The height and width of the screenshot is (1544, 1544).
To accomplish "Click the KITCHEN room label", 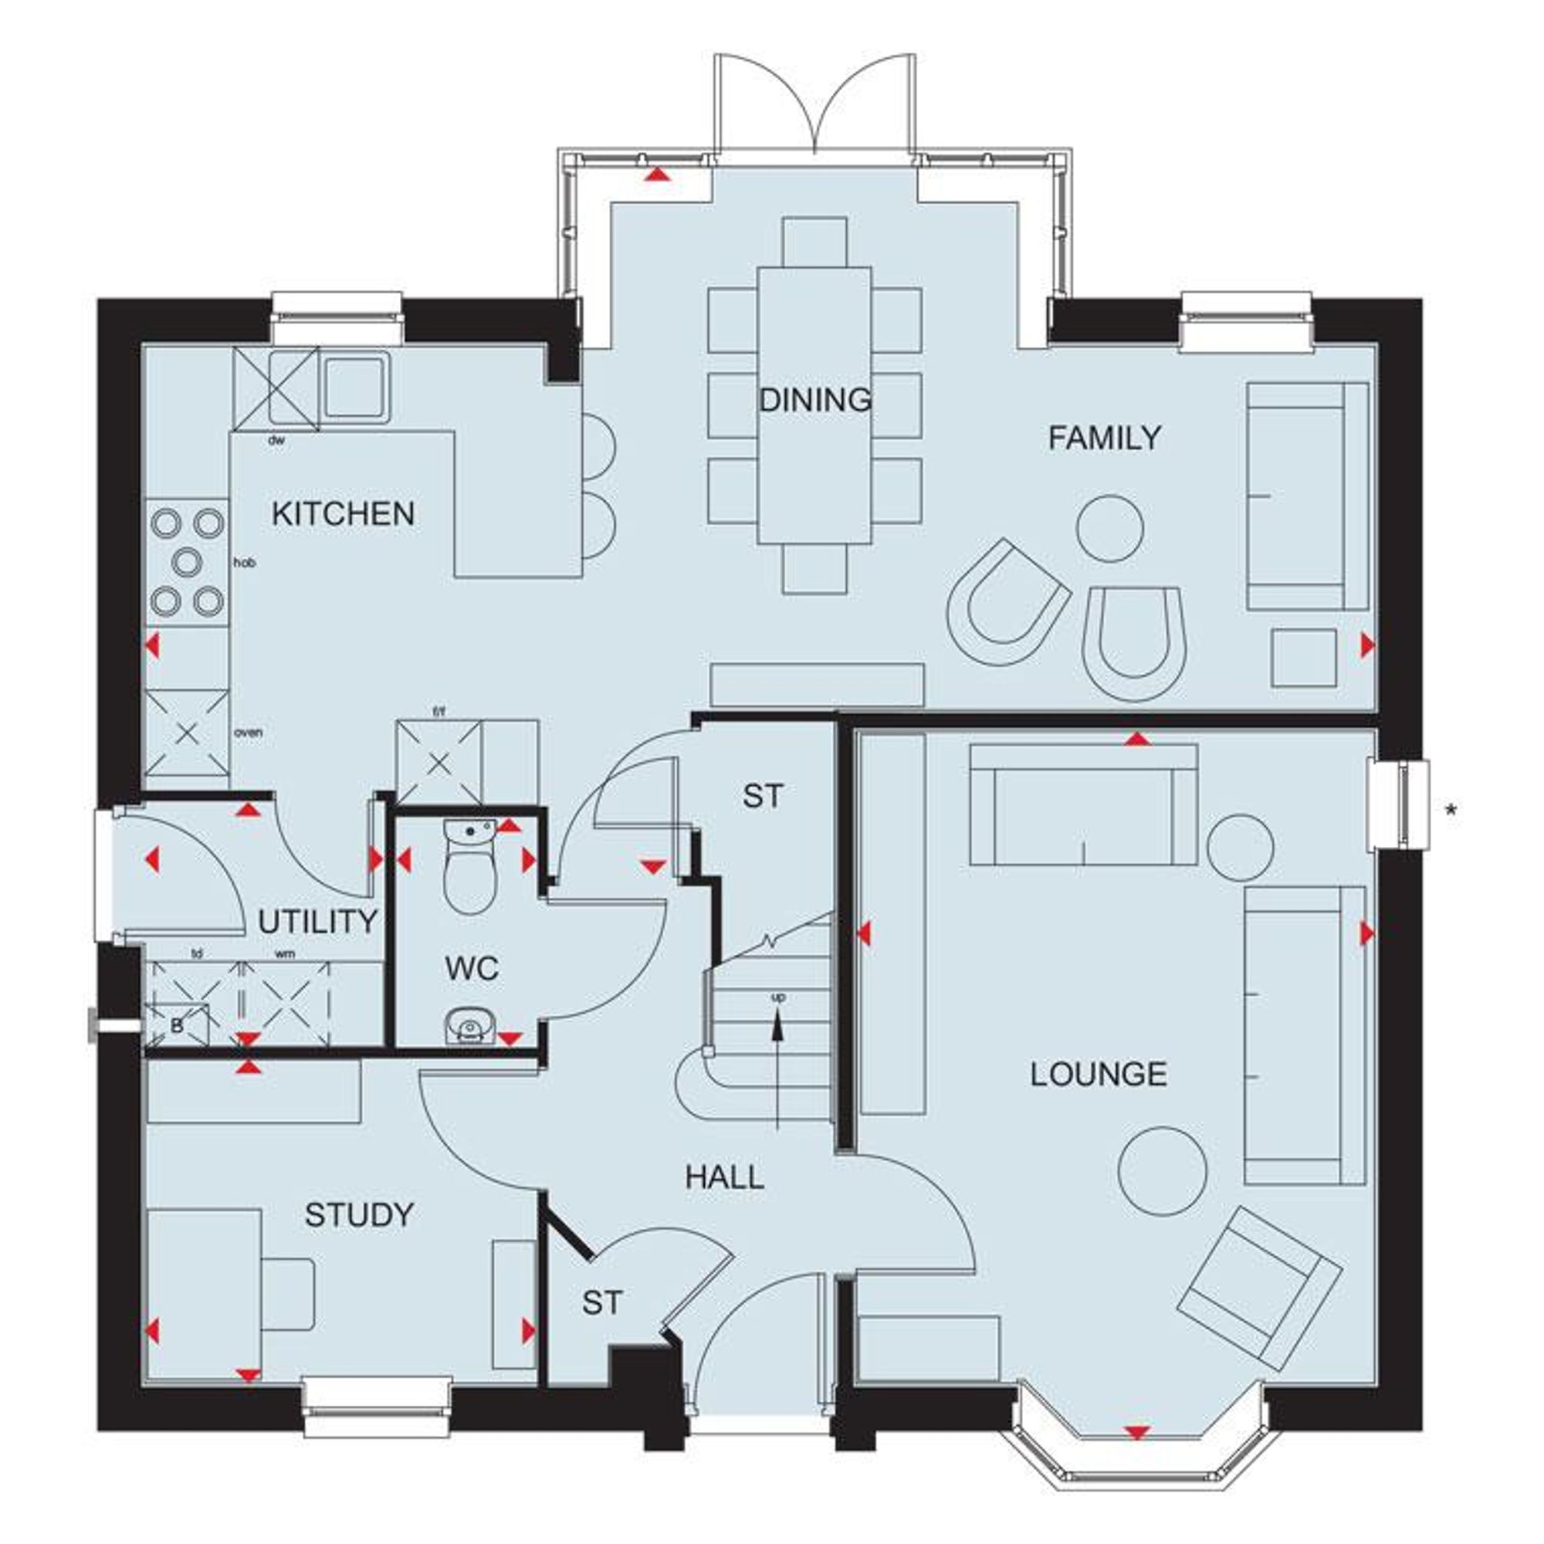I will coord(343,514).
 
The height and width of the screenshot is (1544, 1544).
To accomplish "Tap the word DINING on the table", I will coord(814,400).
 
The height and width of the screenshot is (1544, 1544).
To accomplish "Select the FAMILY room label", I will coord(1105,438).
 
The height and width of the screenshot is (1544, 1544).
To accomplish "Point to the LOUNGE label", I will coord(1098,1074).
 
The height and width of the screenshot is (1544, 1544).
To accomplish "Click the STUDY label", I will coord(359,1214).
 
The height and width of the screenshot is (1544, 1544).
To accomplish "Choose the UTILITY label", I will coord(317,923).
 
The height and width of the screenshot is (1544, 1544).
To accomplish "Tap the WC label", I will coord(472,969).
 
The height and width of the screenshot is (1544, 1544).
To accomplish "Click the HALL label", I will coord(725,1177).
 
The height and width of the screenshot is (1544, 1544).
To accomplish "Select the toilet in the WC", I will coord(470,879).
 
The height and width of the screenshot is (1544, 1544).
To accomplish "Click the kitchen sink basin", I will coord(354,387).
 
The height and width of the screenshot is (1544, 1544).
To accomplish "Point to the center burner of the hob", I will coord(186,563).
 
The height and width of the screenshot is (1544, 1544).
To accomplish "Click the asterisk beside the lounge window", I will coord(1451,812).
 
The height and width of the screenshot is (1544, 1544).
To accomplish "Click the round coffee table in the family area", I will coord(1110,528).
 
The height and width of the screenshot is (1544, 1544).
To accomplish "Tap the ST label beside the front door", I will coord(601,1302).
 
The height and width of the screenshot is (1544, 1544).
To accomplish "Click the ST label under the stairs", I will coord(764,796).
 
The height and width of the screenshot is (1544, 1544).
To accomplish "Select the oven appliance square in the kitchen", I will coord(186,733).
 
